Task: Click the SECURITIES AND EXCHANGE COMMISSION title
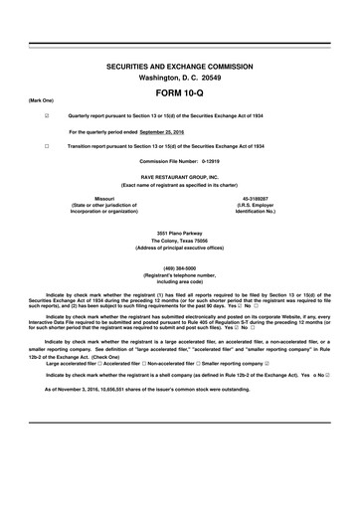click(x=179, y=64)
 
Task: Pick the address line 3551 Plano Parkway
click(x=179, y=233)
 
